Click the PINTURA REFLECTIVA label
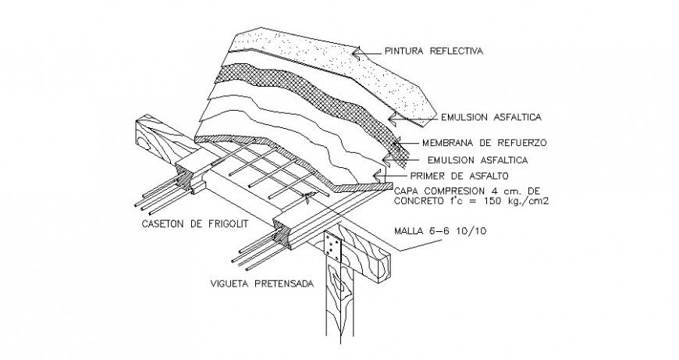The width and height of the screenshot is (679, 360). pyautogui.click(x=433, y=52)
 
